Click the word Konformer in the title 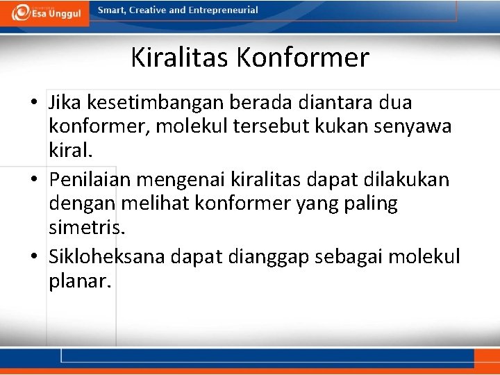(303, 58)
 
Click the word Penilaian (90, 180)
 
